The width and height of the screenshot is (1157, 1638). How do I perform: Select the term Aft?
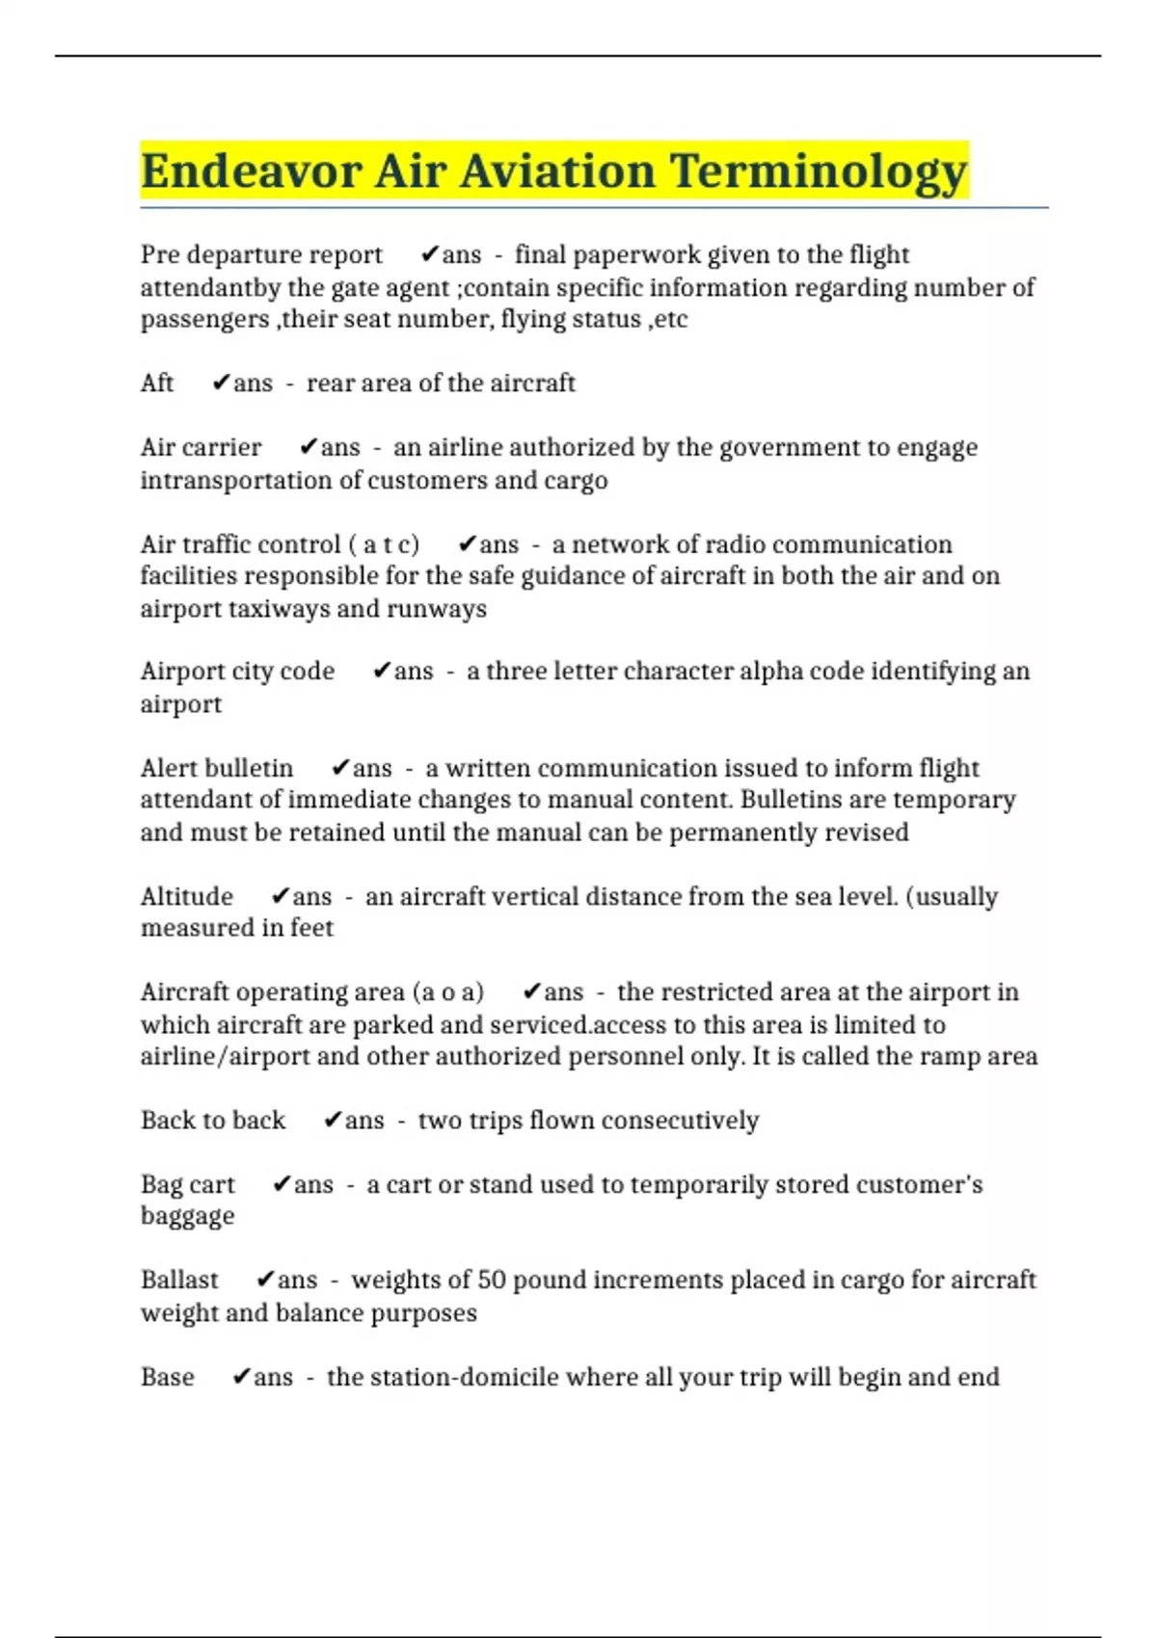(x=157, y=383)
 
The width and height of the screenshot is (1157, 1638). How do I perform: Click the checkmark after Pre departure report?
(x=430, y=254)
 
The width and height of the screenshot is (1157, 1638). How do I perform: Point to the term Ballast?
(x=179, y=1281)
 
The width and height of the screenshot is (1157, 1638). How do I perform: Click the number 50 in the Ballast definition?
(x=491, y=1281)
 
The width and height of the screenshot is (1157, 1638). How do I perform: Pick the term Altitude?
(x=187, y=897)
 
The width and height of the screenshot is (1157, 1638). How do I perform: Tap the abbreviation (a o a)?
(x=447, y=992)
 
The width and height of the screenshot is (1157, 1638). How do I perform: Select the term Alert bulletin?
(x=217, y=769)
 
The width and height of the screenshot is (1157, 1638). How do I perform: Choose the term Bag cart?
(x=188, y=1185)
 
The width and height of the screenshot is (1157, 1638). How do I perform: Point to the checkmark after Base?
(x=242, y=1377)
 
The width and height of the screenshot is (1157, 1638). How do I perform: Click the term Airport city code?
(x=237, y=672)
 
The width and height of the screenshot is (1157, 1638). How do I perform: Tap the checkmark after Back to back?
(x=333, y=1121)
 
